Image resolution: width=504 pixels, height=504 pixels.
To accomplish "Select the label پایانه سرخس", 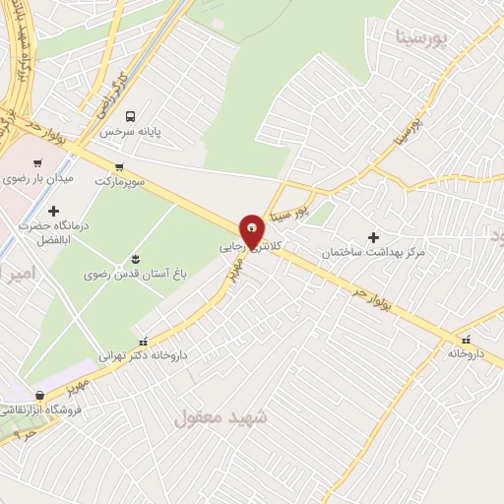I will (x=162, y=130).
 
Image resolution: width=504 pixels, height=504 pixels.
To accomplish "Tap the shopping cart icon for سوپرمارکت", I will (x=119, y=166).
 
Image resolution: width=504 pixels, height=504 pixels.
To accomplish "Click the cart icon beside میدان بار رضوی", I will (x=37, y=163).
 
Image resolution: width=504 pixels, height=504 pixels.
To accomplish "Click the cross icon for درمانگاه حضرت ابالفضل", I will (x=52, y=211).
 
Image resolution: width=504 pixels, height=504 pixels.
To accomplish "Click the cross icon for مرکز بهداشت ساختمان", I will (x=373, y=236).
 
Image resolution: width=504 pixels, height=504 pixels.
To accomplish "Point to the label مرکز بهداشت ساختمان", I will (x=373, y=252).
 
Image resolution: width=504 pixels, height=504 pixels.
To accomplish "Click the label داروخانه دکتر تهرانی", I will (x=143, y=354).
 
